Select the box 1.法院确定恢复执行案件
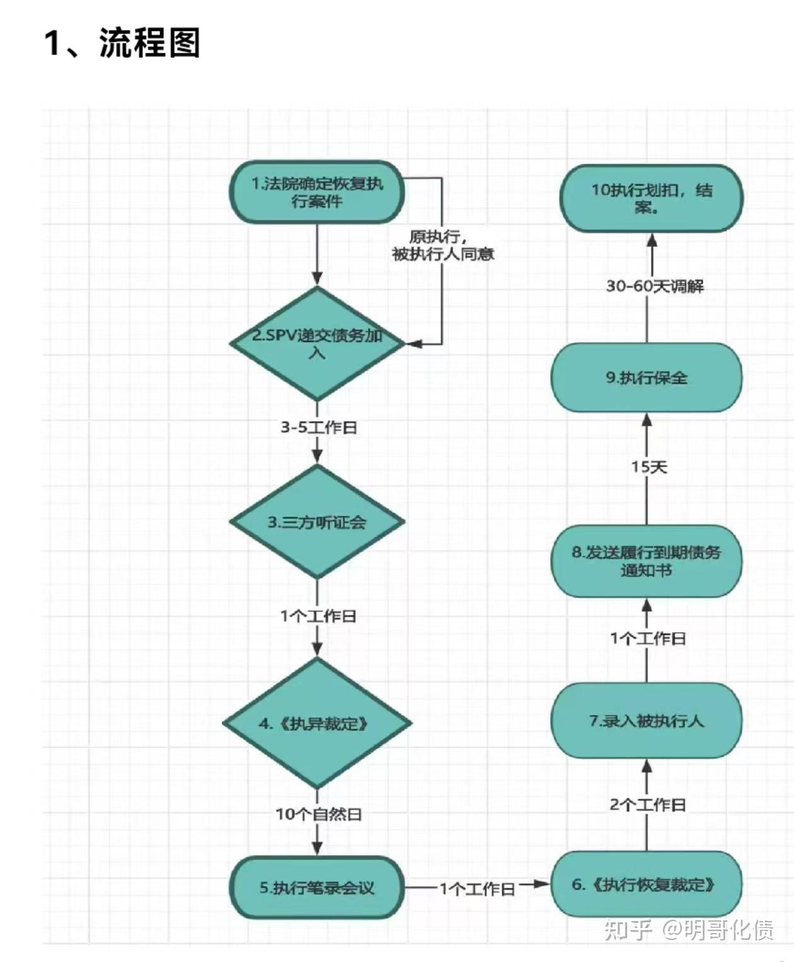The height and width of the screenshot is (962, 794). pos(316,193)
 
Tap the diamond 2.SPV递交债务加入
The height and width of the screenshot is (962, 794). pos(317,343)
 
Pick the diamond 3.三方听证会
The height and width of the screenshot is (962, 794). pos(317,522)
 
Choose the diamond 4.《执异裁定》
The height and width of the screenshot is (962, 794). pos(317,723)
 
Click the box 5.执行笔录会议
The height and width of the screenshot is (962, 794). pos(317,888)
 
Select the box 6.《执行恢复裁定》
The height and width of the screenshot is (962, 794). pos(646,885)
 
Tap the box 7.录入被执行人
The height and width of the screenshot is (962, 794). pos(646,721)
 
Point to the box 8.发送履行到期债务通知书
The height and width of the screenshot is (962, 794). pos(646,561)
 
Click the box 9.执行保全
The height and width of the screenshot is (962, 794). pos(646,377)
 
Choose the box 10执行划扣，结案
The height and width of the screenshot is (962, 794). pos(652,198)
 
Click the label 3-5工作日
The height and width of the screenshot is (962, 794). pos(318,427)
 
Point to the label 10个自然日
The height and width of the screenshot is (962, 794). pos(318,814)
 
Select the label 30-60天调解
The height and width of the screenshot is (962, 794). pos(655,286)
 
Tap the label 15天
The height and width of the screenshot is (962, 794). pos(649,467)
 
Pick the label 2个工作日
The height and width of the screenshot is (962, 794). pos(647,805)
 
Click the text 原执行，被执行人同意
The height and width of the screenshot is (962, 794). pos(442,246)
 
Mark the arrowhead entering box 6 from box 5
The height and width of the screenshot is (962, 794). pos(543,885)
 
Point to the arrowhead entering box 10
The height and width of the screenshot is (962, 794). pos(652,240)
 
